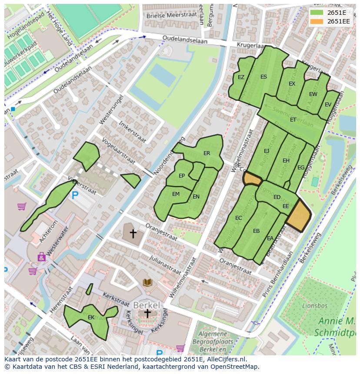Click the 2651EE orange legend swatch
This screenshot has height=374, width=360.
pos(317,21)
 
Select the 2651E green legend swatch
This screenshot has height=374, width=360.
pos(317,13)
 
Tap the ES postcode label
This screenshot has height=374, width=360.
pos(263,77)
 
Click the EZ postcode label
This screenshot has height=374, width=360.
pos(241,77)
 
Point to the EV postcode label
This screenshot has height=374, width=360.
pos(328,105)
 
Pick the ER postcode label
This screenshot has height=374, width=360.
pos(207,153)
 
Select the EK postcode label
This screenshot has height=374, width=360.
pos(91,318)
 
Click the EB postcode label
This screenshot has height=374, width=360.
pos(256,231)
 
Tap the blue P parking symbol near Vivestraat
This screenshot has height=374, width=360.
pos(75,196)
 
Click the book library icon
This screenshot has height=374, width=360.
pos(147,283)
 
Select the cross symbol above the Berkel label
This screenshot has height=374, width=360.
pos(147,313)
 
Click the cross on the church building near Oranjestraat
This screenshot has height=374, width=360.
pos(133,234)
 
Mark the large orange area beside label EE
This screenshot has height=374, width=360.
pos(299,215)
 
